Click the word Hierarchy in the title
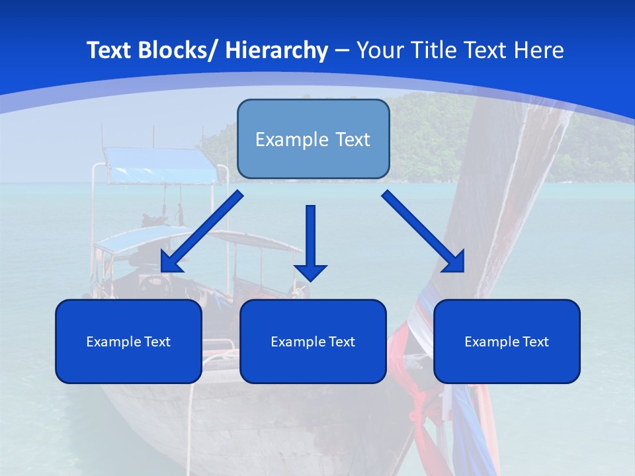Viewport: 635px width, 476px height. click(276, 50)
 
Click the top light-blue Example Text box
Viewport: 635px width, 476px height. click(313, 139)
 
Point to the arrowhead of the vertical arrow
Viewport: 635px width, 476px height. click(310, 272)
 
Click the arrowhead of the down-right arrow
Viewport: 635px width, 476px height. click(455, 262)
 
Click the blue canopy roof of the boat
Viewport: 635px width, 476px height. click(162, 165)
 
